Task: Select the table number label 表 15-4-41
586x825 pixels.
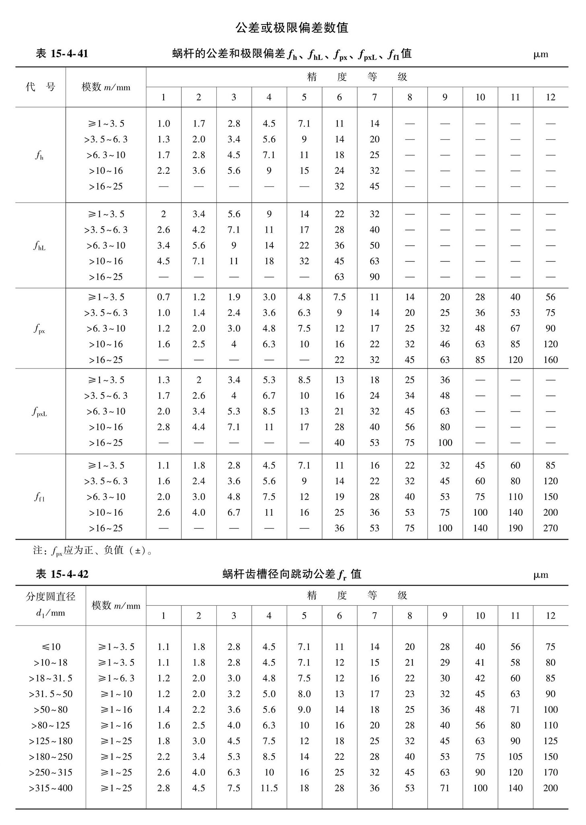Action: [62, 53]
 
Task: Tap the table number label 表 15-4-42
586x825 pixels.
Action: [62, 574]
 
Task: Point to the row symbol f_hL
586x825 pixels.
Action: [39, 245]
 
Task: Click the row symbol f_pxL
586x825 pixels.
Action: [39, 411]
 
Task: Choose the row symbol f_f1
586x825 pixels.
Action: [39, 497]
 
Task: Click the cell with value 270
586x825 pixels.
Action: [550, 528]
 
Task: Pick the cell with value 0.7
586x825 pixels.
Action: [163, 297]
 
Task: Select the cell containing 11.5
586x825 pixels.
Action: [269, 788]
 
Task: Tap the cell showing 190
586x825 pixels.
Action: [515, 528]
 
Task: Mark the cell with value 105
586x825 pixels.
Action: [515, 757]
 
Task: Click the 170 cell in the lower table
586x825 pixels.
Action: [550, 772]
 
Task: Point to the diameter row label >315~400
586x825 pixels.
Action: [51, 788]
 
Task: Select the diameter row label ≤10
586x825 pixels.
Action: [51, 647]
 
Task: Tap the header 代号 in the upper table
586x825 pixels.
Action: [40, 87]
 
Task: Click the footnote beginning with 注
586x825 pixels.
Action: [93, 550]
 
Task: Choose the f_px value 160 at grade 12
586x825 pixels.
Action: [550, 360]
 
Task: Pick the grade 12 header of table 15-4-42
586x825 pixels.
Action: [550, 615]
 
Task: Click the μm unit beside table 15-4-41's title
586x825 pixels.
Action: [541, 54]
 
